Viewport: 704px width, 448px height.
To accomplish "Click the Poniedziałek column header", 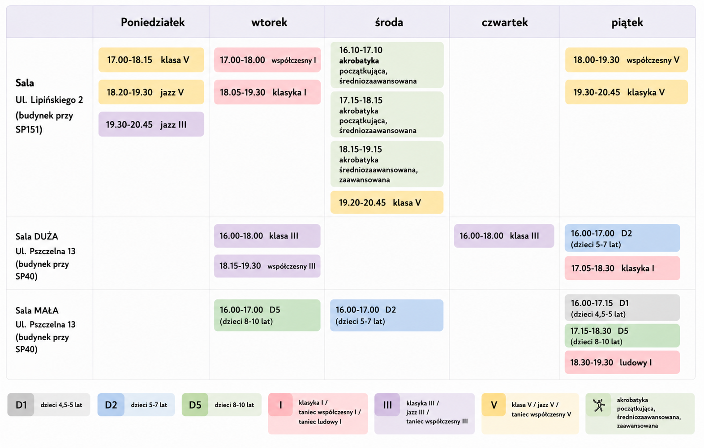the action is point(152,22).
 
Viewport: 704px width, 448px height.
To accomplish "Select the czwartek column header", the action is point(504,22).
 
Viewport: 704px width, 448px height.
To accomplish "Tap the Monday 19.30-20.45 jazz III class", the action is point(151,124).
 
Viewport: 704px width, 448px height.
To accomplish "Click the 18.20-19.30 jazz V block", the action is point(151,92).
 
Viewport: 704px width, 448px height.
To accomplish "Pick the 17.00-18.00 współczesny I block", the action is point(267,60).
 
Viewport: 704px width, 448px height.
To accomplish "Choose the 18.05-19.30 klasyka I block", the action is point(267,92).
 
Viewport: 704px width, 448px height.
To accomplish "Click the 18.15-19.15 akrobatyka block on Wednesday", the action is point(387,164).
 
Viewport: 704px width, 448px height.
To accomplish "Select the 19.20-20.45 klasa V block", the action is point(387,202).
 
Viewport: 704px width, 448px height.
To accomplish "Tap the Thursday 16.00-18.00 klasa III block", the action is point(504,235).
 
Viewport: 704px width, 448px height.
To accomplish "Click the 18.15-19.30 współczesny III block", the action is point(267,266).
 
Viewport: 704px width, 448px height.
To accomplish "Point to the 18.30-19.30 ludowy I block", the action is point(622,362).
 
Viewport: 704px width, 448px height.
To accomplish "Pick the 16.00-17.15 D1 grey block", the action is point(622,307).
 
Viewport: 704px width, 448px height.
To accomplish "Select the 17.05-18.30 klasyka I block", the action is point(622,268).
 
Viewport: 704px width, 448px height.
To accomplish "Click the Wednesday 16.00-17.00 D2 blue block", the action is point(386,315).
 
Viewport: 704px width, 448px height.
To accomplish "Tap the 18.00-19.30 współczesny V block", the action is point(627,60).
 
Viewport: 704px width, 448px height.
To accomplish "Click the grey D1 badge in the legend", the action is point(21,405).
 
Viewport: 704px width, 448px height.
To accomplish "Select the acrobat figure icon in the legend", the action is point(599,405).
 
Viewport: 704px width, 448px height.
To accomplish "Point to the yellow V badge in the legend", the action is point(494,405).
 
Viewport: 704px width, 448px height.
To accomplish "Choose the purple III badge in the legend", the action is point(387,405).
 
